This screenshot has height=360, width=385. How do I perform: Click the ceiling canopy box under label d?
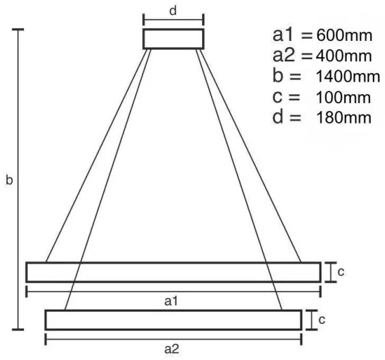point(173,29)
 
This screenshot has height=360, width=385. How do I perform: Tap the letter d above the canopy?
point(173,11)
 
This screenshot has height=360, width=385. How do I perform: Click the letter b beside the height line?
point(9,180)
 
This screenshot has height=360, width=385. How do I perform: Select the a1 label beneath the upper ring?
point(171,301)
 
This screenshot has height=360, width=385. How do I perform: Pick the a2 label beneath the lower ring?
point(171,349)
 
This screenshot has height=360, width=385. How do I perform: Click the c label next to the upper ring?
point(341,272)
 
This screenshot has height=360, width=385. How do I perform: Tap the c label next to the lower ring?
point(322,320)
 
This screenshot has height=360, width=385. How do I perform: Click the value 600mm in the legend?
point(344,35)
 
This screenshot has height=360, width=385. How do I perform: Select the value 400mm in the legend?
point(344,56)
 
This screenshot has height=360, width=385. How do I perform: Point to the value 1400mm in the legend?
point(347,76)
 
